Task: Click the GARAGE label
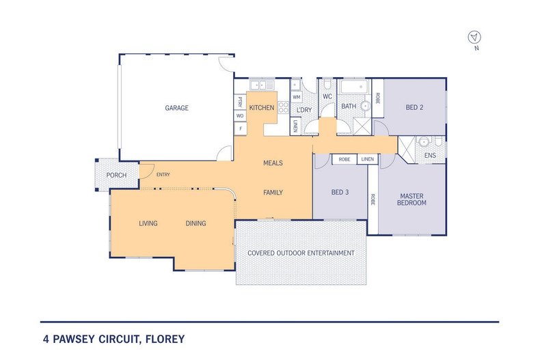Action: coord(176,108)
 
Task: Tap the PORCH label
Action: coord(116,176)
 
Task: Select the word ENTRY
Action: coord(163,175)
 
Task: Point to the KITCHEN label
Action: coord(261,108)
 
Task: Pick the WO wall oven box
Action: coord(240,115)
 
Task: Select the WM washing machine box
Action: coord(297,98)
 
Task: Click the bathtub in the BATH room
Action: coord(354,87)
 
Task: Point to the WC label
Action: coord(327,96)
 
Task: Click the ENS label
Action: coord(430,156)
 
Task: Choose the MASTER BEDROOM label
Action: coord(412,199)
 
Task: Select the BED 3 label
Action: coord(340,193)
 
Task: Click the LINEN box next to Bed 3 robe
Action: coord(367,159)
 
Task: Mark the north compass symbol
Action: coord(474,38)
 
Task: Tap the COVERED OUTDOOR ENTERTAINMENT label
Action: coord(301,253)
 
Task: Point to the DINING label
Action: coord(195,223)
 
